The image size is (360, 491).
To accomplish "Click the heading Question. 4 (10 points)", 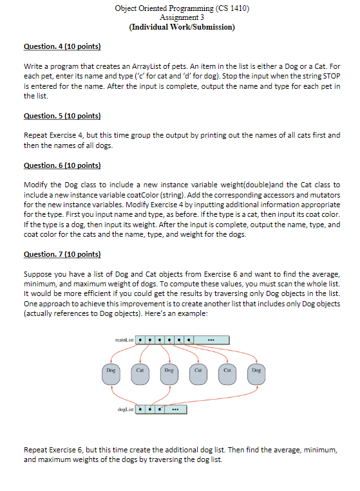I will coord(62,47).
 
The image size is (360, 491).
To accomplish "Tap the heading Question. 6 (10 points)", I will coord(62,165).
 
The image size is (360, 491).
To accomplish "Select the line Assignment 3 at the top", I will coord(182,17).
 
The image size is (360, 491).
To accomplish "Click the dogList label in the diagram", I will coord(126,407).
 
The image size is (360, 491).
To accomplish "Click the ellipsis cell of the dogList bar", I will coord(175,408).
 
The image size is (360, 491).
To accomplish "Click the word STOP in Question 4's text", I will coord(330,75).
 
